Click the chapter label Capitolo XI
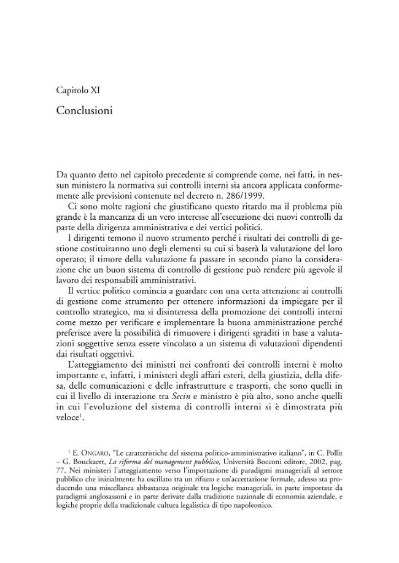tap(78, 91)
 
